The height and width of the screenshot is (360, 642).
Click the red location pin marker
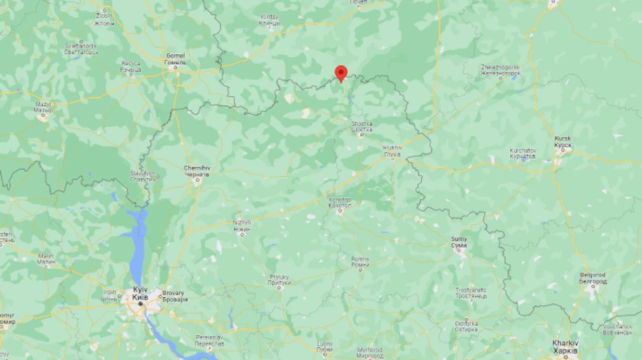point(341,73)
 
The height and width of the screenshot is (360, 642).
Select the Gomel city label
point(175,58)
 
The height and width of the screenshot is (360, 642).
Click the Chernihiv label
point(196,170)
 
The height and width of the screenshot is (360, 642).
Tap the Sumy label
point(460,242)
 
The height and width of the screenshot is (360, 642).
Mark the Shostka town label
point(362,125)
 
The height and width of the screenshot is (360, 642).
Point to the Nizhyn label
point(242,225)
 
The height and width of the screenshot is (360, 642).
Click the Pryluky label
point(279,279)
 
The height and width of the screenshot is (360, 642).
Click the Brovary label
point(174,295)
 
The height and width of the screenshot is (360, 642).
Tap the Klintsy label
point(270,20)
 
